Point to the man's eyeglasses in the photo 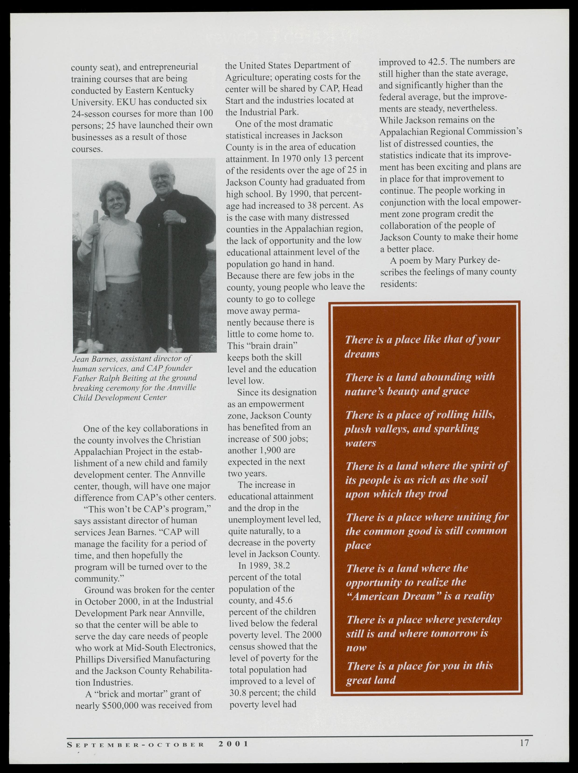tap(160, 178)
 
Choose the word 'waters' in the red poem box tap(361, 443)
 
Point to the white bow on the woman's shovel tap(90, 346)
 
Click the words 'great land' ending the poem tap(371, 680)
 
